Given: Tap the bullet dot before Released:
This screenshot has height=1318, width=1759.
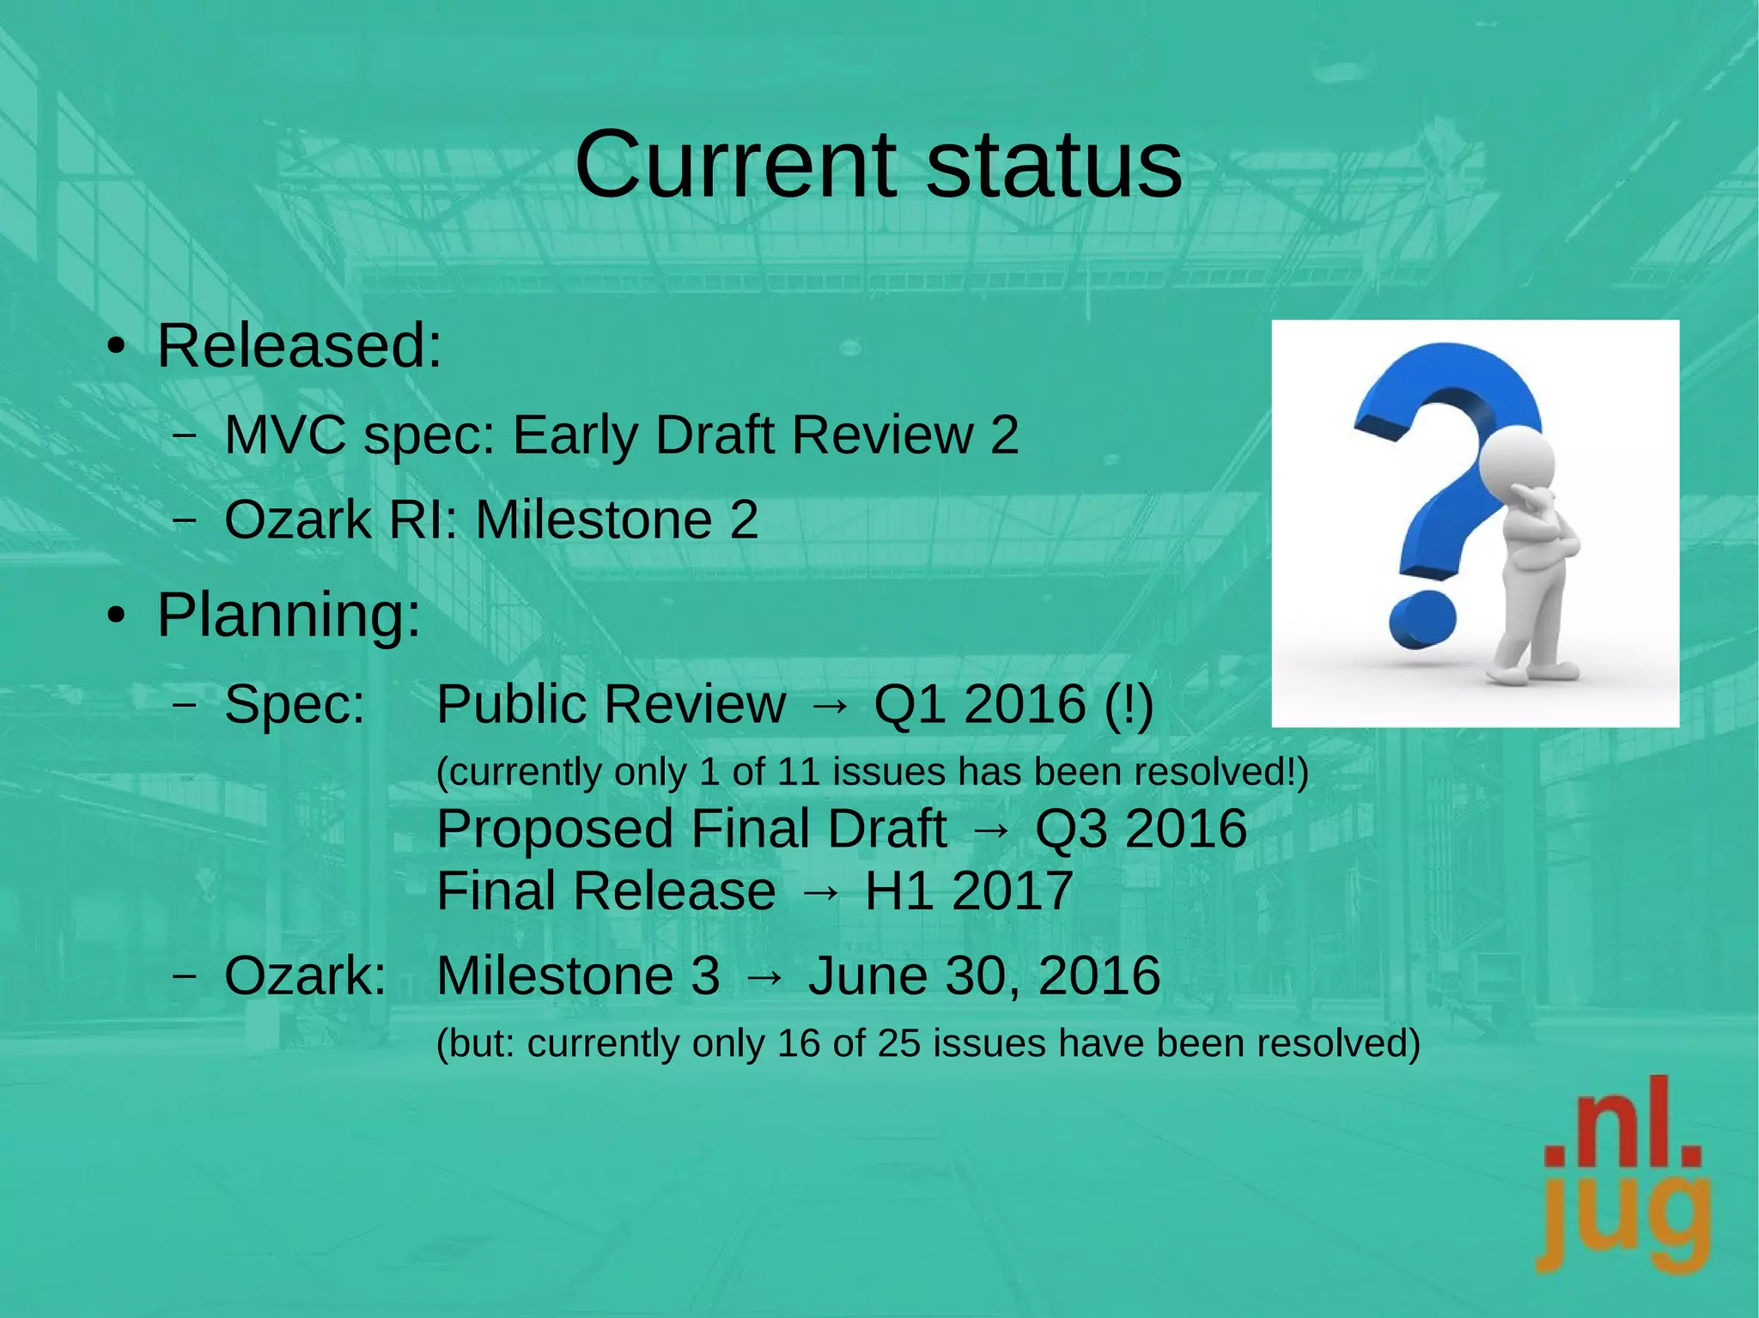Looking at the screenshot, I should [116, 348].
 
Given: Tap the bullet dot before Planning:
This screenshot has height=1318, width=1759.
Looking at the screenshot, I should [116, 616].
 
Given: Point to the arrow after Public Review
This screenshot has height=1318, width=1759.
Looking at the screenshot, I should [829, 705].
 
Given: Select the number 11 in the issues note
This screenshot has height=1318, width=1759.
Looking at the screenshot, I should [800, 772].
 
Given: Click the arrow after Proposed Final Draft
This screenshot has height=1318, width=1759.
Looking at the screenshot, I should [990, 829].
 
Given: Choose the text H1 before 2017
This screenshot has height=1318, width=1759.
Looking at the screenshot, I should [899, 891].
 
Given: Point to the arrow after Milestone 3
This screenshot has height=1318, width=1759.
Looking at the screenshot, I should [764, 976].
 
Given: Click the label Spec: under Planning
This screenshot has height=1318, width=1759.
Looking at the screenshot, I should [295, 705].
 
